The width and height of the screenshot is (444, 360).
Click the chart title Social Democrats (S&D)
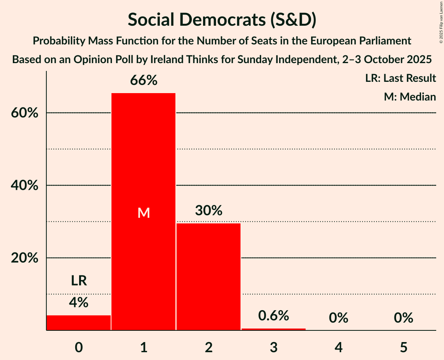coord(222,19)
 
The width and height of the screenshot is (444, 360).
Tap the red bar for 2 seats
coord(209,277)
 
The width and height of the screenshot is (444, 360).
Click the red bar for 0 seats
coord(79,323)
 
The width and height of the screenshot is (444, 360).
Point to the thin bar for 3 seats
coord(274,329)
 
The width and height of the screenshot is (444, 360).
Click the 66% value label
coord(143,81)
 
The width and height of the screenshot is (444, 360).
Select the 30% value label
coord(209,211)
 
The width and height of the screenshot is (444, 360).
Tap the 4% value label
coord(79,302)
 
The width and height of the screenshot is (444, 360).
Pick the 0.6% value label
coord(274,316)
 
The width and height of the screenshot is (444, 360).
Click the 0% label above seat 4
coord(338,318)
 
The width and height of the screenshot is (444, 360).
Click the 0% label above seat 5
coord(403,318)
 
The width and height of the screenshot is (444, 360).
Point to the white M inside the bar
coord(143,213)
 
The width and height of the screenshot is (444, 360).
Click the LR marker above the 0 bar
coord(79,281)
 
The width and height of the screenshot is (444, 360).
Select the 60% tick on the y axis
coord(24,113)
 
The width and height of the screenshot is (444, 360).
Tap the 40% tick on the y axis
coord(24,185)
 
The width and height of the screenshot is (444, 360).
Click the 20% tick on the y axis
coord(24,258)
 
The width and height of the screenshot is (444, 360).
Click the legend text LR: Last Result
coord(400,78)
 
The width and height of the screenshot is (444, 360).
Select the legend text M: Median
coord(410,97)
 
